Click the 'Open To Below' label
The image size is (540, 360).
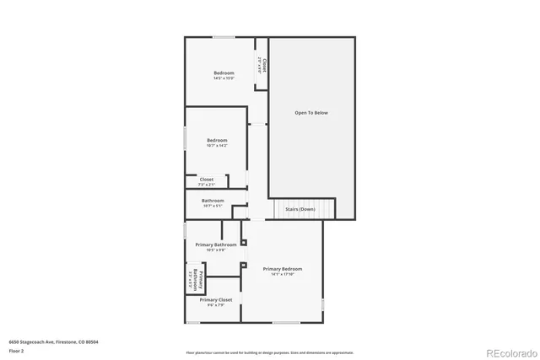pyautogui.click(x=310, y=112)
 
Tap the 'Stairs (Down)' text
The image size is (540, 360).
pyautogui.click(x=300, y=209)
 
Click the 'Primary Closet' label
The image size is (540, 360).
pyautogui.click(x=215, y=299)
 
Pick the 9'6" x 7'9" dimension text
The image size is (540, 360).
pyautogui.click(x=215, y=305)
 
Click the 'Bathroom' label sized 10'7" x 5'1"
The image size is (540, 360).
pyautogui.click(x=213, y=201)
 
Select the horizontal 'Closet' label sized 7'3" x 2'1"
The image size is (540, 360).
pyautogui.click(x=207, y=179)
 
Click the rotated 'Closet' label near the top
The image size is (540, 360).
pyautogui.click(x=263, y=65)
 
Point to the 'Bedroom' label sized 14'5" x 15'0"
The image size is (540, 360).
pyautogui.click(x=224, y=73)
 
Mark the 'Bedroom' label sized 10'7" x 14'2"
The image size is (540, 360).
pyautogui.click(x=217, y=140)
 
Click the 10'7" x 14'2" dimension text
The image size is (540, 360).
pyautogui.click(x=217, y=146)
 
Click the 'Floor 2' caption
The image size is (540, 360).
pyautogui.click(x=17, y=352)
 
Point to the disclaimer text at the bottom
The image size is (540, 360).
pyautogui.click(x=269, y=352)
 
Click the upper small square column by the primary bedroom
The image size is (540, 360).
pyautogui.click(x=243, y=243)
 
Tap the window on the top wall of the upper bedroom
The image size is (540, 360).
pyautogui.click(x=224, y=36)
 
